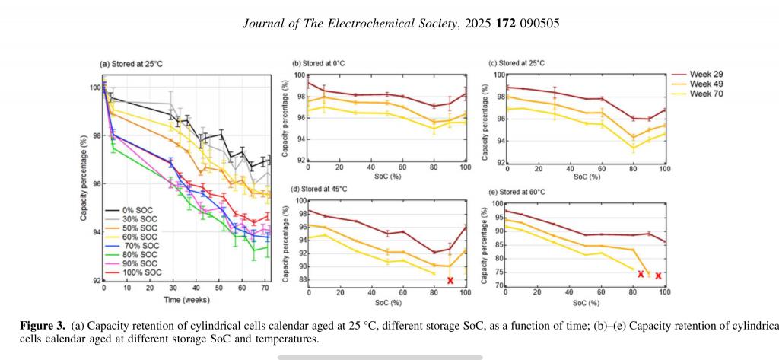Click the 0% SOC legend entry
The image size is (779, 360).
tap(134, 209)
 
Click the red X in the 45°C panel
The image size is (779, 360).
tap(450, 281)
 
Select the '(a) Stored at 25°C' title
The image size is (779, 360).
tap(131, 64)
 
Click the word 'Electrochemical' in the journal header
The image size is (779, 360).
tap(356, 24)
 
